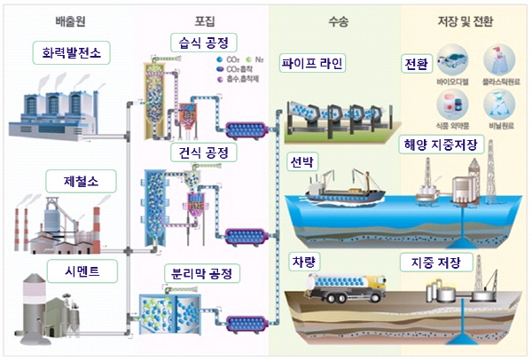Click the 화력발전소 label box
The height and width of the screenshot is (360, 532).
click(x=71, y=53)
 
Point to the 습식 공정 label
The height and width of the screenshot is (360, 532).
click(x=203, y=42)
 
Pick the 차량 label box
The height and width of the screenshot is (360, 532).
click(x=301, y=262)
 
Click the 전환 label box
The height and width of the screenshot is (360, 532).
click(x=416, y=64)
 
